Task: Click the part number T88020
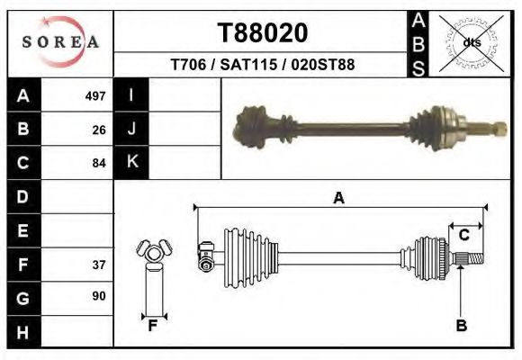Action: click(x=263, y=33)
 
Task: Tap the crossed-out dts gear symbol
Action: click(x=471, y=41)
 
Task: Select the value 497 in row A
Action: click(x=94, y=96)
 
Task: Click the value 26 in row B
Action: click(x=98, y=130)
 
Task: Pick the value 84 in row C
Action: click(x=98, y=163)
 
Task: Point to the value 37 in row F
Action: click(x=98, y=265)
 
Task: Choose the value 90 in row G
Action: click(x=98, y=296)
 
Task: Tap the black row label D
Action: click(x=23, y=196)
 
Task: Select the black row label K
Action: click(x=131, y=162)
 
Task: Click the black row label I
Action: click(x=131, y=95)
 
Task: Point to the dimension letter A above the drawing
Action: click(x=338, y=199)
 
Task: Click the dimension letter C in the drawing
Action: click(x=463, y=235)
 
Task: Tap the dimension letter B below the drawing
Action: click(x=461, y=326)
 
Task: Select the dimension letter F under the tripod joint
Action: click(x=153, y=326)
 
